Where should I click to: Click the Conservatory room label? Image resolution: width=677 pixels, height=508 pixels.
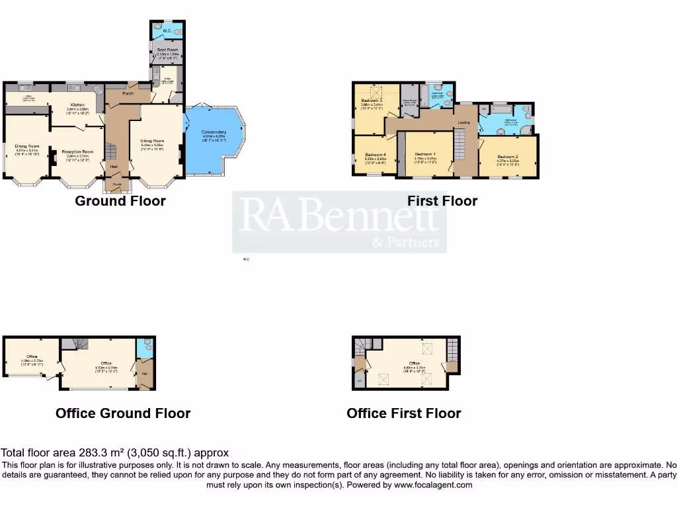[214, 132]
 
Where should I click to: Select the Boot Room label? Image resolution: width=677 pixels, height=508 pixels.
[167, 50]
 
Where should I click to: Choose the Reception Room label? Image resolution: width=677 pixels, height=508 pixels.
[78, 151]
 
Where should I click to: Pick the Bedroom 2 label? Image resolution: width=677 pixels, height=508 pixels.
[508, 156]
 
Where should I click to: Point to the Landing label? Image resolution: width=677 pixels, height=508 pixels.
[465, 123]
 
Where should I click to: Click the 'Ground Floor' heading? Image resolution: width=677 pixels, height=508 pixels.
[120, 200]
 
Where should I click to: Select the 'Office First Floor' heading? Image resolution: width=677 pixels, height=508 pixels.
[403, 413]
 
